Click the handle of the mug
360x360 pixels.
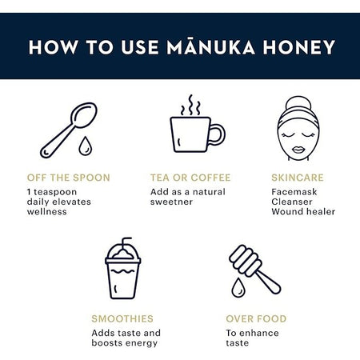point(217,134)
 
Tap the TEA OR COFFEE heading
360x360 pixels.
point(190,178)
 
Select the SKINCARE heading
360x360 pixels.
point(298,178)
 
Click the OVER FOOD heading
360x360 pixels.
point(256,318)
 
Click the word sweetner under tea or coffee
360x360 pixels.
point(173,202)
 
